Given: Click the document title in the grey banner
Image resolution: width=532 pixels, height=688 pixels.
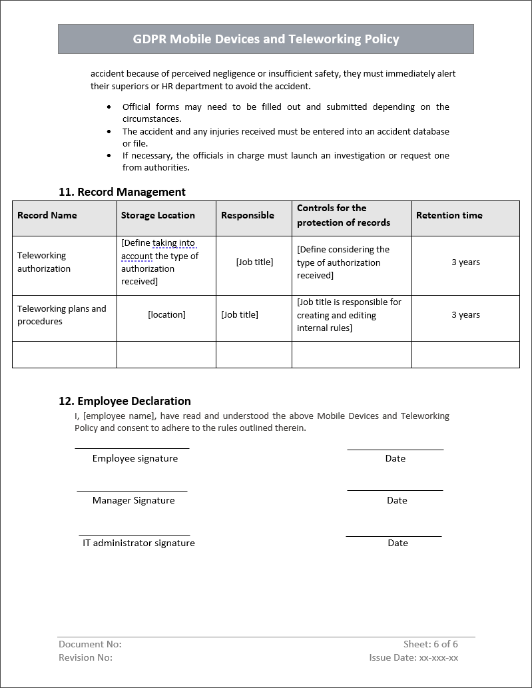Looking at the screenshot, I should click(x=266, y=39).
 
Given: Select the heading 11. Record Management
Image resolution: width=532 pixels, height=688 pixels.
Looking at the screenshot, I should click(x=122, y=192).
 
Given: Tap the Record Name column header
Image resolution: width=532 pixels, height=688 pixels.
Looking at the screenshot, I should click(x=47, y=215).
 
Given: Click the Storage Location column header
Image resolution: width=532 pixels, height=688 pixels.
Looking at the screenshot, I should click(x=158, y=215).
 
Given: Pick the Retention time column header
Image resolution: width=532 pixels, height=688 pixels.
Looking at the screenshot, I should click(x=449, y=215).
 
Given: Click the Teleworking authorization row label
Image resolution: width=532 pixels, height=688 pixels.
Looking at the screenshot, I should click(x=44, y=262).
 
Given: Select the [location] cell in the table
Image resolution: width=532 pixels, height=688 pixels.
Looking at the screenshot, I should click(x=166, y=314).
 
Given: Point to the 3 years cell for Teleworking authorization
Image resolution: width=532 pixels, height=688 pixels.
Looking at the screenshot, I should click(x=465, y=262).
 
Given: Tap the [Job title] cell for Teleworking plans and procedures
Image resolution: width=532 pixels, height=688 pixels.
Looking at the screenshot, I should click(x=240, y=314).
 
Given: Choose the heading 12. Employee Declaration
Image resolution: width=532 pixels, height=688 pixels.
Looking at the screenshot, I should click(x=125, y=401).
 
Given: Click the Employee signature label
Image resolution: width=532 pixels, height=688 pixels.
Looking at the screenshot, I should click(x=135, y=458).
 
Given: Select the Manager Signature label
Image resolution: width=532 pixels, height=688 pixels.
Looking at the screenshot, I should click(x=133, y=500).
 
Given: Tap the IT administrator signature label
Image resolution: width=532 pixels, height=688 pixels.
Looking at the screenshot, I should click(x=138, y=543).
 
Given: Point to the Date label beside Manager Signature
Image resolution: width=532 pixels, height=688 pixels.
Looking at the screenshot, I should click(x=397, y=500).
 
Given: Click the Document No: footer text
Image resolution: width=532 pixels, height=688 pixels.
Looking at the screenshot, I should click(x=90, y=644).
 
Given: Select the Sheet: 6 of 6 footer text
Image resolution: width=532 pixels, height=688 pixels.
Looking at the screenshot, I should click(x=430, y=644).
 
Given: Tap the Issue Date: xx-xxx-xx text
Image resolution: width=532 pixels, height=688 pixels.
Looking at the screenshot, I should click(x=413, y=657).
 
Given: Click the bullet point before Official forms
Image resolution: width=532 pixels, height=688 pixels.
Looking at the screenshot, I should click(x=109, y=107).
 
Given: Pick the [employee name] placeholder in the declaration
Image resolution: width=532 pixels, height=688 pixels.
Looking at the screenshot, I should click(x=119, y=416).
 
